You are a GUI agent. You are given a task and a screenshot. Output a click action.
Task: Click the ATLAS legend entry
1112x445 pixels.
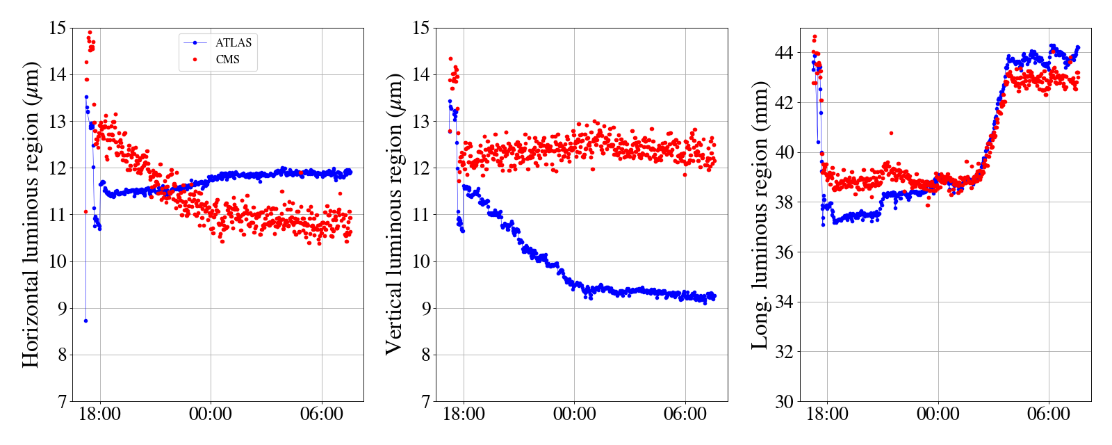(233, 43)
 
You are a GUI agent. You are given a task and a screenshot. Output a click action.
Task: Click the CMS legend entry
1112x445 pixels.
(227, 60)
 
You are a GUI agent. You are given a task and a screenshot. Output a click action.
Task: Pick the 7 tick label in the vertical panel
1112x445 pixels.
(425, 402)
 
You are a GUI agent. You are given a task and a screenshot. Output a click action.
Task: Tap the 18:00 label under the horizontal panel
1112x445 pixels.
(100, 415)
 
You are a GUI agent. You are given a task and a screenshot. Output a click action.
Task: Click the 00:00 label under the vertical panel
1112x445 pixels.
(575, 415)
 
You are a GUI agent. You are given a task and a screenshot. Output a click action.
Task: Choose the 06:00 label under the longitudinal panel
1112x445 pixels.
(1049, 415)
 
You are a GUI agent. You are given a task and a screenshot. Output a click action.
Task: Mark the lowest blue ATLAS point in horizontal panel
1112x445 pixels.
(85, 321)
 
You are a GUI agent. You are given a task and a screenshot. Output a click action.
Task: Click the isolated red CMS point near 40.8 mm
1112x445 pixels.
(891, 133)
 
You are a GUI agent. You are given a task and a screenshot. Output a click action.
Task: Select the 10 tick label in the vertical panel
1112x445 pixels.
(420, 262)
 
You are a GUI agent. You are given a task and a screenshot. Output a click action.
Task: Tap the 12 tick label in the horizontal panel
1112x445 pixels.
(57, 168)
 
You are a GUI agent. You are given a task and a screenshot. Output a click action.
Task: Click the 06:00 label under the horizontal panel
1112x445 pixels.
(322, 415)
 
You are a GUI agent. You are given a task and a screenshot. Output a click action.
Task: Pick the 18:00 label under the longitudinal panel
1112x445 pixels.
(828, 415)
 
